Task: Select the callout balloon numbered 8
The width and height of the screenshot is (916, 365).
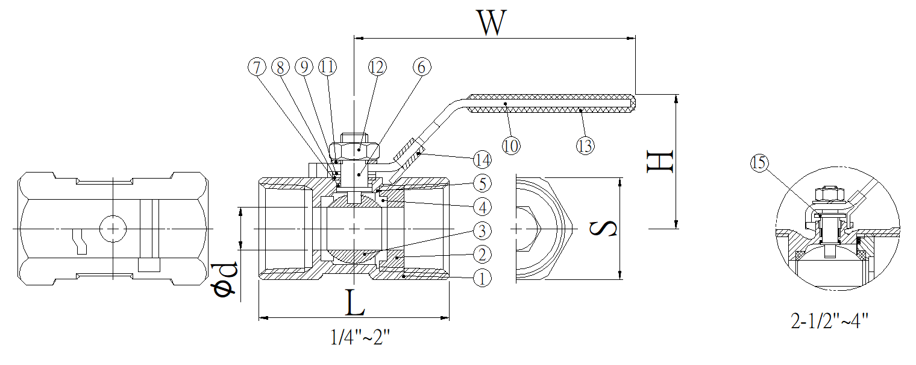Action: pyautogui.click(x=280, y=68)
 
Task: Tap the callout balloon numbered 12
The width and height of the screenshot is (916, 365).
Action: pyautogui.click(x=377, y=68)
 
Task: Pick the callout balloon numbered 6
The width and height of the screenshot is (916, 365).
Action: pyautogui.click(x=421, y=68)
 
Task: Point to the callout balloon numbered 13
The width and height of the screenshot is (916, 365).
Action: pyautogui.click(x=585, y=145)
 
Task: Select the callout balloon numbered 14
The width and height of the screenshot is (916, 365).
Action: pyautogui.click(x=482, y=160)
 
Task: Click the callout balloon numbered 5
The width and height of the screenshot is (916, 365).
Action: pyautogui.click(x=482, y=183)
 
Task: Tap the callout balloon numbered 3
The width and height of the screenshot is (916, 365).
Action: pyautogui.click(x=482, y=230)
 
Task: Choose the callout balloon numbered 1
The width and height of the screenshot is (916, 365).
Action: pyautogui.click(x=482, y=278)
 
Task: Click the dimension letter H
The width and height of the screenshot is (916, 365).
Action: pyautogui.click(x=659, y=162)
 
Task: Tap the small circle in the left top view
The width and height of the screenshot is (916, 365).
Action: pyautogui.click(x=112, y=229)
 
